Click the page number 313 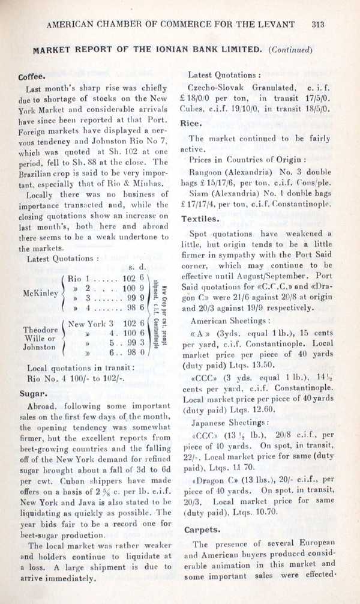[x=318, y=25]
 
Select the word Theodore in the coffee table [x=40, y=330]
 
